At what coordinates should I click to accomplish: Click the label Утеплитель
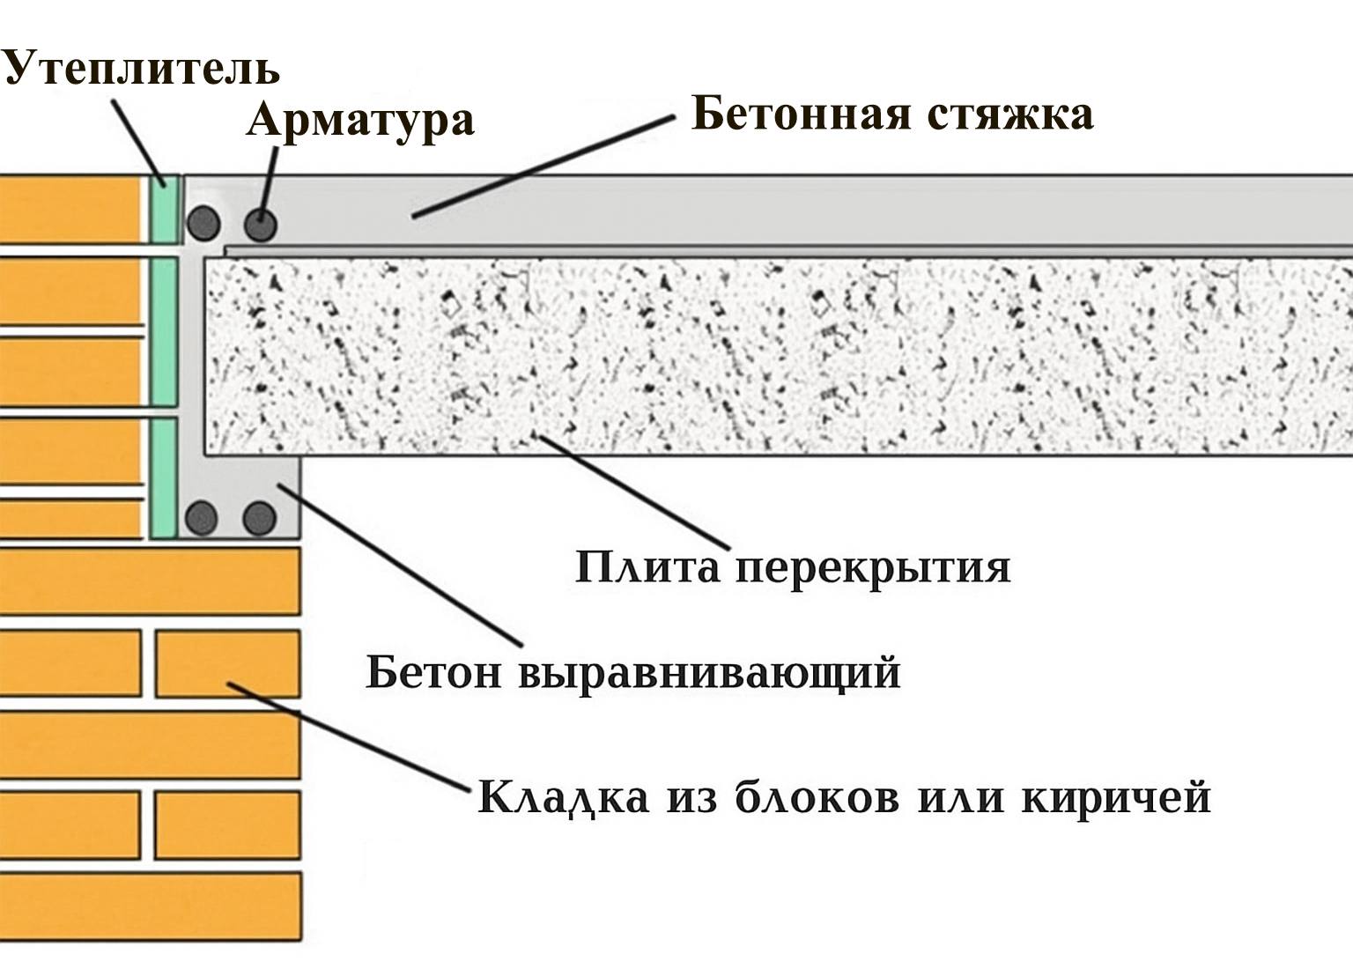click(x=141, y=68)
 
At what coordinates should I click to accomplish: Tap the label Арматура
click(x=360, y=120)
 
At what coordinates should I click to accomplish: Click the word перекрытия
click(x=873, y=567)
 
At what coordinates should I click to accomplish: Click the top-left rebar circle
click(x=203, y=224)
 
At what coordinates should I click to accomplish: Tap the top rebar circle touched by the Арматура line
click(x=260, y=225)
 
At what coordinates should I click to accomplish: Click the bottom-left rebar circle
click(x=202, y=518)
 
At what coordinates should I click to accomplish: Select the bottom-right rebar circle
click(x=259, y=518)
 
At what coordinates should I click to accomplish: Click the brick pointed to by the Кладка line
click(x=227, y=662)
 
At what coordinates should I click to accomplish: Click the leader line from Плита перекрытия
click(x=634, y=490)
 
